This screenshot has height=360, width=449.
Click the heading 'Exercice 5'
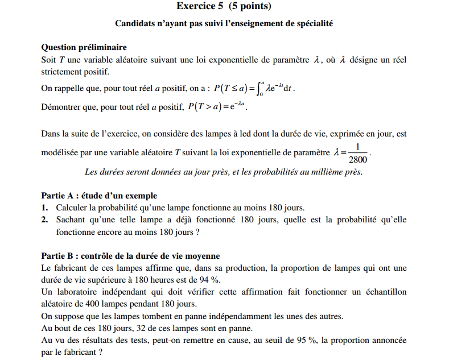click(x=199, y=7)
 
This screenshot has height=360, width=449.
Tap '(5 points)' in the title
click(x=247, y=7)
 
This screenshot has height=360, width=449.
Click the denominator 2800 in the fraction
click(x=357, y=159)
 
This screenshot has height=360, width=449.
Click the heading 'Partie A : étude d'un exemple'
click(x=99, y=196)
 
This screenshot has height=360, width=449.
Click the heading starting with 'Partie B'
click(x=131, y=256)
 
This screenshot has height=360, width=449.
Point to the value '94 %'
click(x=211, y=280)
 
